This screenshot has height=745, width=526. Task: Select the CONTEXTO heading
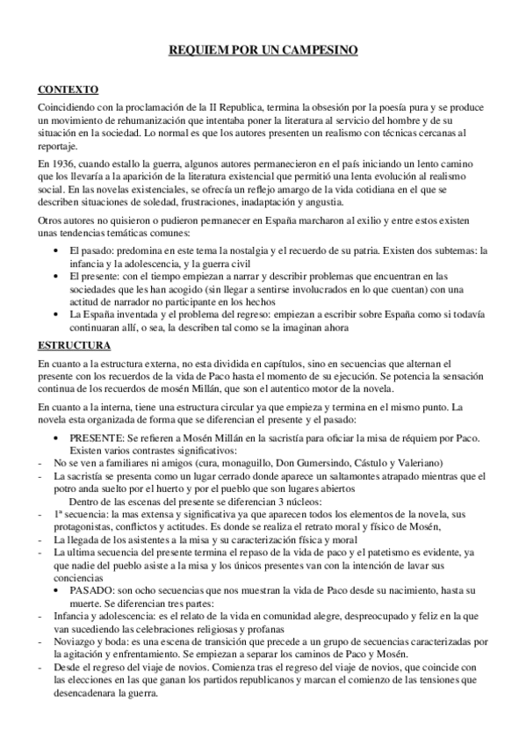[x=68, y=89]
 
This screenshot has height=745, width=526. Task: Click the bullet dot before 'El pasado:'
[x=58, y=251]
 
